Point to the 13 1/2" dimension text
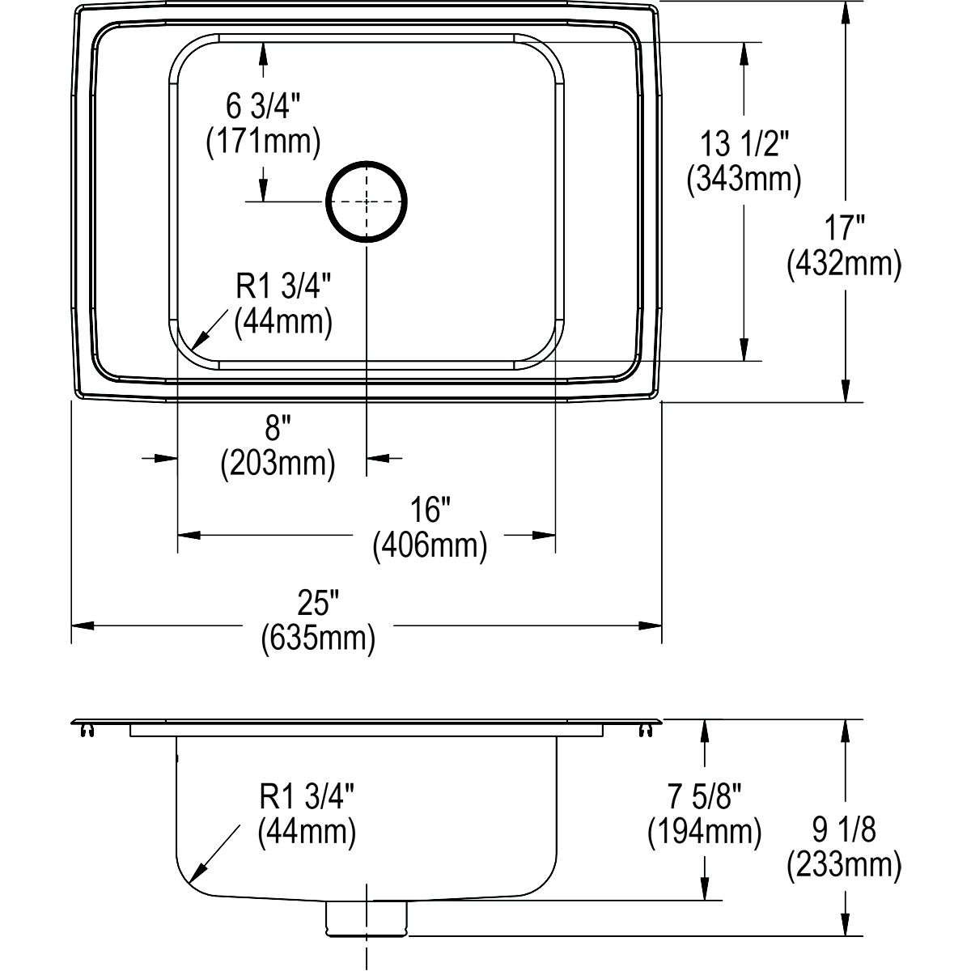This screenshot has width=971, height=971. pos(744,143)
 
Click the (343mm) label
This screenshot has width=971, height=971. pos(744,179)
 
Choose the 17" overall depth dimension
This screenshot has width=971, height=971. pos(844,227)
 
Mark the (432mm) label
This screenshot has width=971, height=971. pos(844,263)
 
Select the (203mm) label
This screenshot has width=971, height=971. pos(278,463)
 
